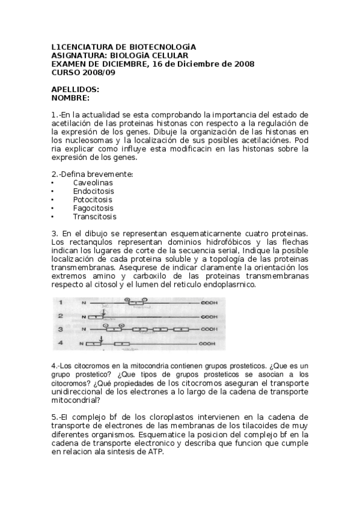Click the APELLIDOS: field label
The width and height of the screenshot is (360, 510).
point(75,89)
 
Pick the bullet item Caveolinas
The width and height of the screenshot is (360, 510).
point(93,183)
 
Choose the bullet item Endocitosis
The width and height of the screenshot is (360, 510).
point(93,191)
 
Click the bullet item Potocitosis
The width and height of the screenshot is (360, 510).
point(93,200)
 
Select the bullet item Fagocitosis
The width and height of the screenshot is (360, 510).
point(93,208)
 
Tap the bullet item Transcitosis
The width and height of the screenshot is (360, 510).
point(94,217)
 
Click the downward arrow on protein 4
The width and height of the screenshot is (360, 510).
point(102,339)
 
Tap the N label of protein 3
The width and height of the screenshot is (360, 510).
point(84,330)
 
